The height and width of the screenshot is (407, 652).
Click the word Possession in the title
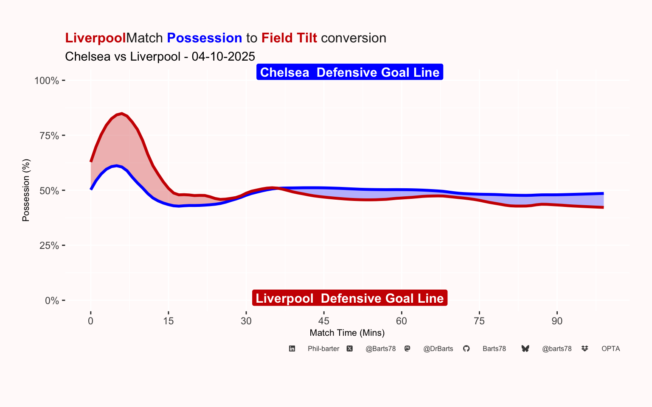(x=204, y=38)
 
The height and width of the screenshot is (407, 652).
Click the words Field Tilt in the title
(x=289, y=38)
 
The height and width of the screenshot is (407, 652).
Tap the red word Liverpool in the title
(x=96, y=38)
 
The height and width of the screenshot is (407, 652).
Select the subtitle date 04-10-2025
(x=223, y=56)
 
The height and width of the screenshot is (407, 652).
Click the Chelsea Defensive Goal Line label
(x=350, y=72)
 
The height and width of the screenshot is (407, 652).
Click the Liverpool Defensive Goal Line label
(x=350, y=298)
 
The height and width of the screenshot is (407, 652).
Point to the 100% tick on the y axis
(x=47, y=81)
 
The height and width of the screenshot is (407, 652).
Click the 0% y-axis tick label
(x=52, y=301)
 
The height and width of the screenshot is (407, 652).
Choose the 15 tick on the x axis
(x=169, y=321)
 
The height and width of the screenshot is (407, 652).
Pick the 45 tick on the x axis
(x=324, y=321)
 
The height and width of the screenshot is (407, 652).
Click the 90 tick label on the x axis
(x=557, y=321)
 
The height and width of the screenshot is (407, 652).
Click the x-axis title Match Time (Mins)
(x=347, y=333)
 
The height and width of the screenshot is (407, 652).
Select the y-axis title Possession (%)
(x=26, y=190)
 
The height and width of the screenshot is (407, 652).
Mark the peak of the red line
(x=122, y=113)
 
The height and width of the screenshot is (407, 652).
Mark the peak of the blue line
(x=117, y=166)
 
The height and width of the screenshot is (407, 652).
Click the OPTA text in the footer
(x=610, y=349)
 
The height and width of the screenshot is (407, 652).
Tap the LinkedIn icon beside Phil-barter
(x=292, y=349)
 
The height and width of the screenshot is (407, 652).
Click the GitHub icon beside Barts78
(x=467, y=349)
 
